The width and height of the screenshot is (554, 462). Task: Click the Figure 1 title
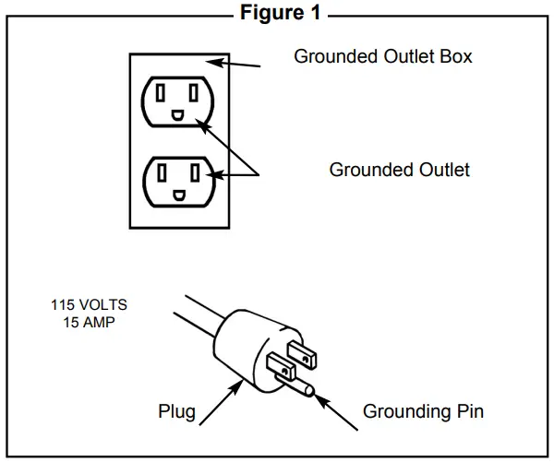[x=281, y=13]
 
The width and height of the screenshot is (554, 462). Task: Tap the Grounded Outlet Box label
[x=383, y=56]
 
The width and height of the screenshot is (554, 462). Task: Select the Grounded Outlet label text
[x=400, y=170]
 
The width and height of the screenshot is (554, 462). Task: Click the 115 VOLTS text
[x=89, y=304]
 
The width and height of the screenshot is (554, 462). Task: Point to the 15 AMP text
[x=89, y=322]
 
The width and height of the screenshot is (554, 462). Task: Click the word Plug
[x=176, y=412]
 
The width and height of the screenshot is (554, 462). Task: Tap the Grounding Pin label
[x=423, y=412]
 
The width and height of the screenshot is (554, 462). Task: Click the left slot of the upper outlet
[x=161, y=93]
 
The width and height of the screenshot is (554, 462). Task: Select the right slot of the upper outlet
[x=194, y=93]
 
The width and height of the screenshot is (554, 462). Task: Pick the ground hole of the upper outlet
[x=177, y=115]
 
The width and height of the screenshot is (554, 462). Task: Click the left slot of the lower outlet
[x=162, y=173]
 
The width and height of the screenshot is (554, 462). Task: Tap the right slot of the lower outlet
[x=195, y=173]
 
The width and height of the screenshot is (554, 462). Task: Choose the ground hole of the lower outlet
[x=179, y=195]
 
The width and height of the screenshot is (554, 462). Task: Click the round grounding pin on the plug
[x=296, y=385]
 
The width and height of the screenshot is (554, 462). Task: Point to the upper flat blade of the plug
[x=302, y=355]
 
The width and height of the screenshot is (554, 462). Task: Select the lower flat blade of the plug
[x=282, y=366]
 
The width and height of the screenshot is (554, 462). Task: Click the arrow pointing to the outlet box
[x=234, y=64]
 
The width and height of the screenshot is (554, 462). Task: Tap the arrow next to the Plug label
[x=222, y=402]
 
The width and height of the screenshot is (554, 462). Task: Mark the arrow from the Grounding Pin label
[x=336, y=412]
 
